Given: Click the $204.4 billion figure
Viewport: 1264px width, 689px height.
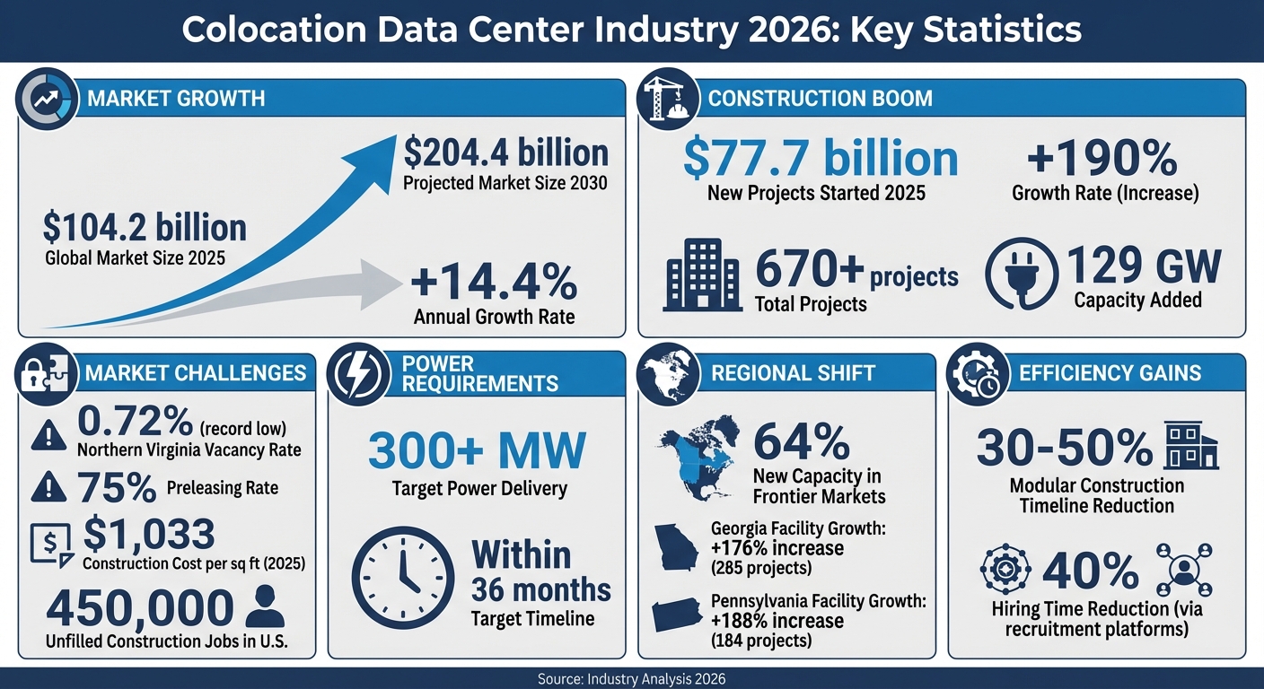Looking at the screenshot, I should coord(505,153).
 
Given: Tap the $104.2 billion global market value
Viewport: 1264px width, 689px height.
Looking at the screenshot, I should coord(145,227).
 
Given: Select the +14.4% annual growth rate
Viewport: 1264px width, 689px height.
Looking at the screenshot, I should coord(494,283).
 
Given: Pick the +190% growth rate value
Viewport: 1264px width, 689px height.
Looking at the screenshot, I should coord(1102,159).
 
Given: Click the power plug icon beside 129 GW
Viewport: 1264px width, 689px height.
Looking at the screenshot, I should coord(1020,276).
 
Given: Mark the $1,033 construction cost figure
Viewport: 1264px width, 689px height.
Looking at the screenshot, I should coord(148,535).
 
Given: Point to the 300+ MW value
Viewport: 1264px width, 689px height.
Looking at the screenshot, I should coord(478,451).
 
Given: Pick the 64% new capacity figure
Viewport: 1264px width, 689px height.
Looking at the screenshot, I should coord(801,441).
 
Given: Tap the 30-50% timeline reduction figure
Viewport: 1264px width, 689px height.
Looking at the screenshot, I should coord(1065,448).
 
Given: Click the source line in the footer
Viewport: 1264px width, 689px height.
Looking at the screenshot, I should coord(631,679).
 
